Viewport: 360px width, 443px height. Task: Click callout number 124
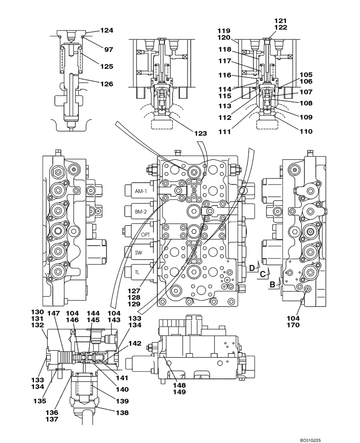[106, 31]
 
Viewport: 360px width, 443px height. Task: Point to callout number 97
[109, 50]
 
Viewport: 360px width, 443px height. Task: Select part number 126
[106, 84]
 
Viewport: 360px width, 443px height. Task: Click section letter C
[262, 274]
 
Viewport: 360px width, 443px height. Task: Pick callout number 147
[53, 313]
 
